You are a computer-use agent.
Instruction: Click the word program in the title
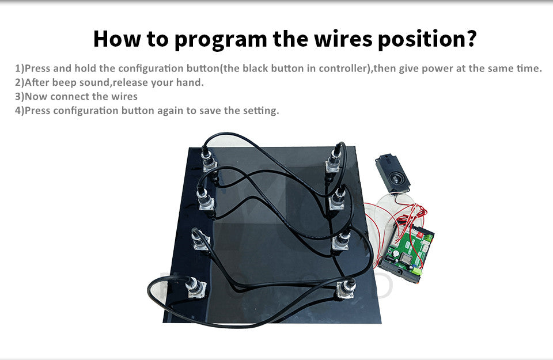pyautogui.click(x=221, y=40)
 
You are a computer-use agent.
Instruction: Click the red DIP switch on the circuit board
pyautogui.click(x=420, y=234)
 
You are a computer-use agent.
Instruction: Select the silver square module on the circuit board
pyautogui.click(x=406, y=259)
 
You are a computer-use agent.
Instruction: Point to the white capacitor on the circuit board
pyautogui.click(x=396, y=253)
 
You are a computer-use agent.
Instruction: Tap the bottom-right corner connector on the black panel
pyautogui.click(x=346, y=289)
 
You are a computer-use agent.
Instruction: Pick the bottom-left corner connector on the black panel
pyautogui.click(x=196, y=288)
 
